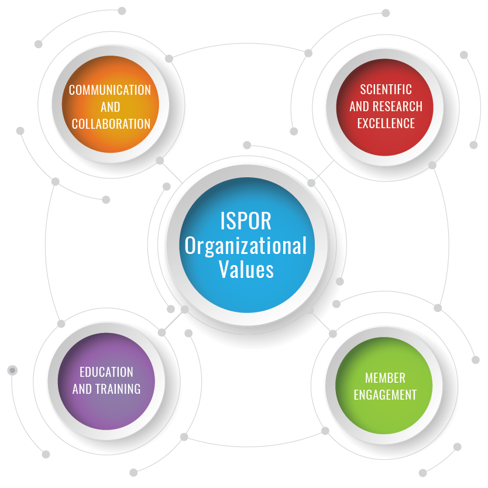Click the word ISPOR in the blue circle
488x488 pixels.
coord(246,221)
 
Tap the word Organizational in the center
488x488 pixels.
coord(246,246)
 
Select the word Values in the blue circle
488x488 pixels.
coord(246,270)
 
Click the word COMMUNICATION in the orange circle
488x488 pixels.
coord(110,90)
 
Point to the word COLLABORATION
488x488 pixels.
coord(111,124)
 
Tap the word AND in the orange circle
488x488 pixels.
coord(110,107)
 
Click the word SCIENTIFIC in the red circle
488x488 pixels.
coord(386,90)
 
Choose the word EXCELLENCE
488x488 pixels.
coord(386,123)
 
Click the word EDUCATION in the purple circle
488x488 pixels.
coord(106,372)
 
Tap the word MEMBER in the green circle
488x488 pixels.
coord(385,377)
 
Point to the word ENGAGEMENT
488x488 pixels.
coord(385,394)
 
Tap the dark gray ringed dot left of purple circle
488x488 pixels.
coord(12,370)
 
